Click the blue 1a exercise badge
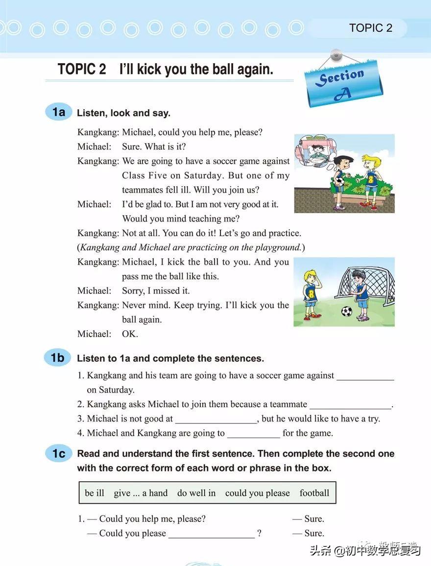(x=58, y=112)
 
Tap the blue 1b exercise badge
(x=58, y=358)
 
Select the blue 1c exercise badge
(x=58, y=454)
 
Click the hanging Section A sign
(x=342, y=83)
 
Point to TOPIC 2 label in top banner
(x=371, y=28)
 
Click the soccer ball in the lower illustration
(x=346, y=311)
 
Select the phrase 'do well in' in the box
(x=196, y=493)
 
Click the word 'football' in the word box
(x=314, y=493)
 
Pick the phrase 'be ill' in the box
(x=95, y=493)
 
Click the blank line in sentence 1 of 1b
(x=365, y=378)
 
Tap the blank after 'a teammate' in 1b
(x=351, y=407)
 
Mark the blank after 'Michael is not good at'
(x=216, y=421)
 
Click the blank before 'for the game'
(x=254, y=435)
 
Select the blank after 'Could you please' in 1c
(x=212, y=536)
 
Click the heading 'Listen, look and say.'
(x=123, y=113)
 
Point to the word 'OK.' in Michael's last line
(x=130, y=334)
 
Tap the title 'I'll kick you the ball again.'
(x=196, y=69)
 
